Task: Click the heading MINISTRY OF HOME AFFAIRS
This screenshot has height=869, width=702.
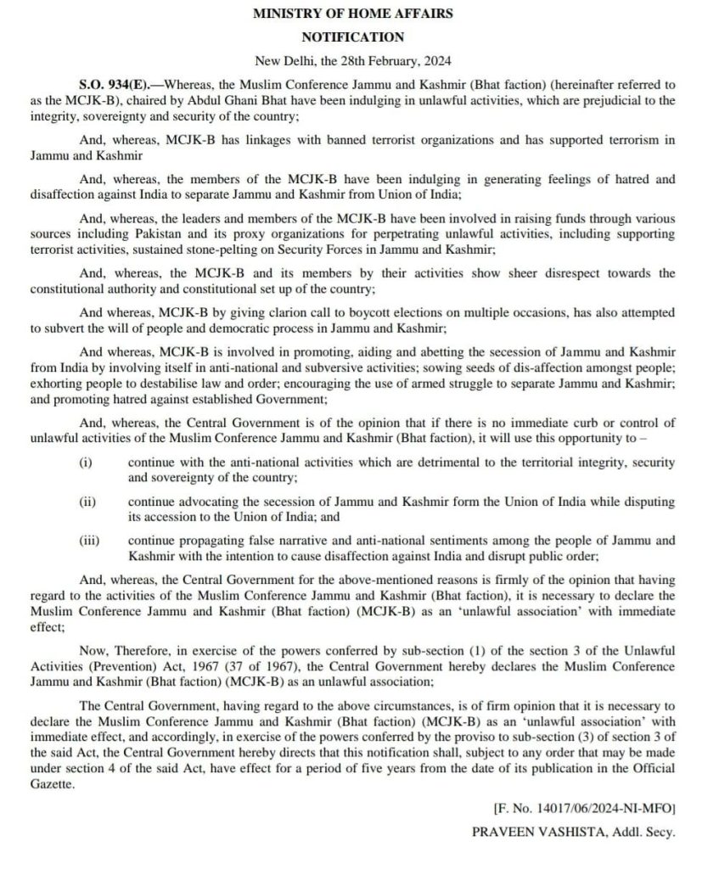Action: coord(352,14)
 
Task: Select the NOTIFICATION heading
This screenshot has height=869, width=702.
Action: coord(352,36)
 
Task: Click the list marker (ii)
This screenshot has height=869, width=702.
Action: coord(87,502)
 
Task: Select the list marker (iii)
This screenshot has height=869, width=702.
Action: coord(88,540)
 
